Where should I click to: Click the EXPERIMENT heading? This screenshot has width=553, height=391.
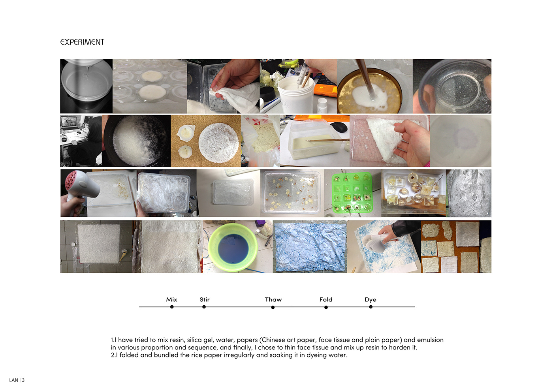click(x=82, y=42)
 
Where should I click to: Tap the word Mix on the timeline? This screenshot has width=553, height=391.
click(x=171, y=299)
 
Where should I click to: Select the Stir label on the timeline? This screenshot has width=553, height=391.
click(x=205, y=299)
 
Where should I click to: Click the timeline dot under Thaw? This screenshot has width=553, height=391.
click(x=273, y=307)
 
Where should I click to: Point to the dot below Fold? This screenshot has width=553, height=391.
click(x=326, y=307)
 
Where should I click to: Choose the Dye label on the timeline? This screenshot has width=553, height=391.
click(x=371, y=300)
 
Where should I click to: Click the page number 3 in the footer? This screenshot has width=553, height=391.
click(x=23, y=380)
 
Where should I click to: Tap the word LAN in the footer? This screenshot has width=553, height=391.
click(x=13, y=380)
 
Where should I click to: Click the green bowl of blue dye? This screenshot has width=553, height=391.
click(x=233, y=248)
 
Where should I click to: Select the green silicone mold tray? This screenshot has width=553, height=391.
click(x=352, y=193)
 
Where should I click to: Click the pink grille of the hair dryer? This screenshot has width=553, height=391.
click(x=73, y=181)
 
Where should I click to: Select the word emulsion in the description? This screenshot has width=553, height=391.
click(x=430, y=340)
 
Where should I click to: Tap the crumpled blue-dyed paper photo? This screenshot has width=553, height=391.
click(x=310, y=247)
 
